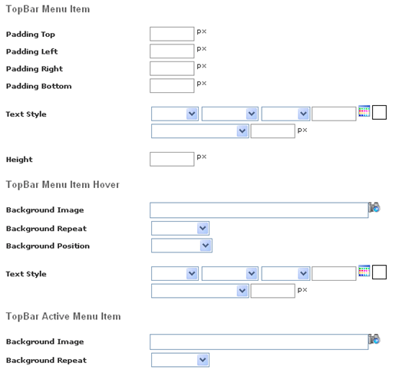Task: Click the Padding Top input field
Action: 172,34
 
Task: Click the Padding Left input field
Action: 172,51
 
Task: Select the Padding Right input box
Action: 172,68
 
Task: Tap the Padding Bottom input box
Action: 172,85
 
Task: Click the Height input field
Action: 172,159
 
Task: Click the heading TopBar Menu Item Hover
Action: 63,185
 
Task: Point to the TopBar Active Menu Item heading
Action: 64,316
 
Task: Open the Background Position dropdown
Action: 182,246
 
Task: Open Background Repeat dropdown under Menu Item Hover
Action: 180,229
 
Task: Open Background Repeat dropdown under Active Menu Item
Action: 180,360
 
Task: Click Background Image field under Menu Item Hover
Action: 259,210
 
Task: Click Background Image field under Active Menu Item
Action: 259,342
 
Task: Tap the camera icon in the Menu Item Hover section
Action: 374,207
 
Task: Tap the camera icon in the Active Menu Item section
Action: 374,339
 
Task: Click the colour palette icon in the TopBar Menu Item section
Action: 364,111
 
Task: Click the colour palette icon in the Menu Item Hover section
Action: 364,271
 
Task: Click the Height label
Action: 19,160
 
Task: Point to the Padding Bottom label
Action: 39,86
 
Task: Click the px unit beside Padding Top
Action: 202,31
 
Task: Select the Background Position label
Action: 48,246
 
